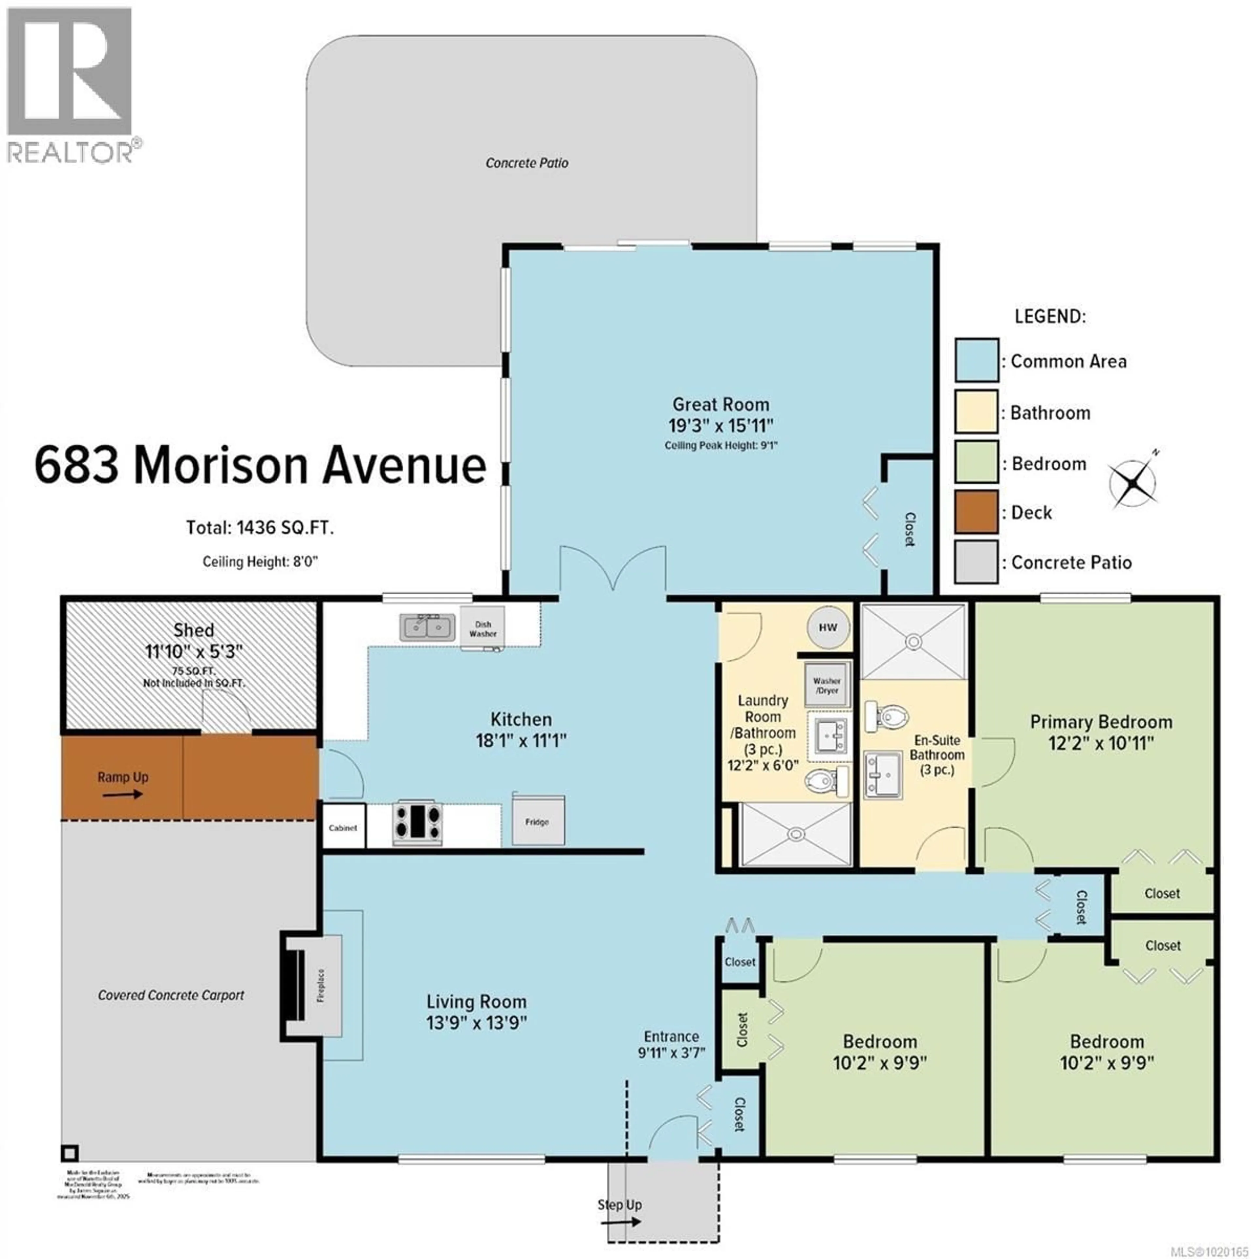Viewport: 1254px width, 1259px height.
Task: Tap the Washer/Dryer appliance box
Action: tap(827, 685)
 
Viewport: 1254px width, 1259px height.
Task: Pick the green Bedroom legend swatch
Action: tap(976, 462)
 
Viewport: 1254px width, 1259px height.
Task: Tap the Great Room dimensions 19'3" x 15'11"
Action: tap(720, 425)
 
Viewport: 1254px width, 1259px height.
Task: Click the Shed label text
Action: tap(193, 630)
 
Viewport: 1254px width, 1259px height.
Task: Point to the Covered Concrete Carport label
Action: tap(171, 995)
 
